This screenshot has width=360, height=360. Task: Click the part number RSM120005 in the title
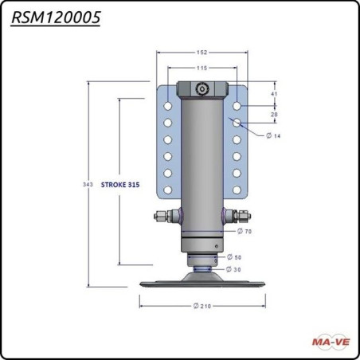coord(56,18)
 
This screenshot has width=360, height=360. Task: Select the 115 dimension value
coord(202,68)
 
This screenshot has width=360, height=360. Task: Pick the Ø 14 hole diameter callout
coord(273,136)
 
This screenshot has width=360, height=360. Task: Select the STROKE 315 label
coord(121,184)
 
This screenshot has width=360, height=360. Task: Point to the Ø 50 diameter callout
coord(234,257)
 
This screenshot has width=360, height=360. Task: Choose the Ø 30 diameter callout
coord(234,269)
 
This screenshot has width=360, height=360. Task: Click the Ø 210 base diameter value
coord(203,306)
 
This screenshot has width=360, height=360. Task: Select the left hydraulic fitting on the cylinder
coord(165,214)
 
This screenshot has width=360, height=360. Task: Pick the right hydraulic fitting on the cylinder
coord(242,214)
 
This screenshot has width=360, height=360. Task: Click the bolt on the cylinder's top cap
coord(203,89)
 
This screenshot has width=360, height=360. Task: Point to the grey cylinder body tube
coord(203,159)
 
